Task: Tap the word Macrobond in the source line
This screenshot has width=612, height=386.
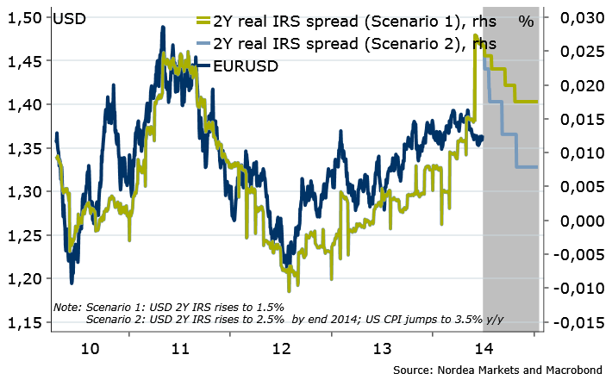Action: point(572,370)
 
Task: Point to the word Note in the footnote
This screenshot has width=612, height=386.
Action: point(66,307)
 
